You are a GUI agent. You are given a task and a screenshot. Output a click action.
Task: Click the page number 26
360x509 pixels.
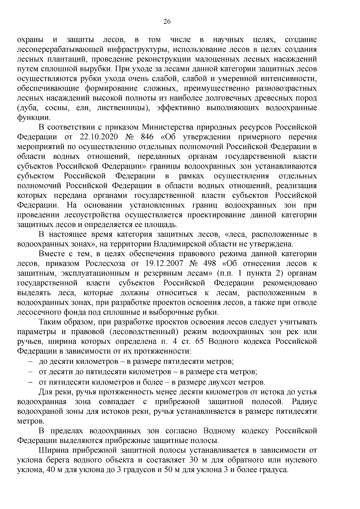click(167, 21)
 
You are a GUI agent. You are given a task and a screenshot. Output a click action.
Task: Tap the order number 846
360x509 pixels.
click(146, 137)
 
